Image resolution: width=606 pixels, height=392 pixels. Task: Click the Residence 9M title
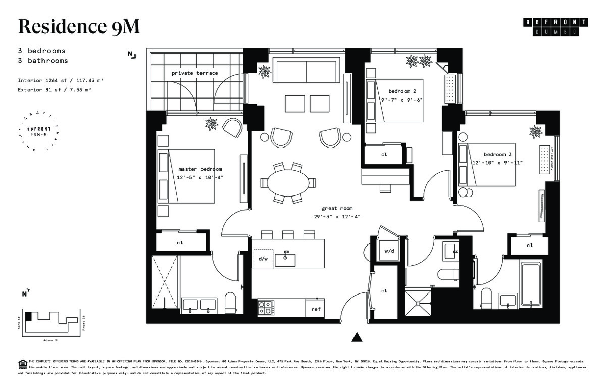78,26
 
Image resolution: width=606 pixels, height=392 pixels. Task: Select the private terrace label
194,73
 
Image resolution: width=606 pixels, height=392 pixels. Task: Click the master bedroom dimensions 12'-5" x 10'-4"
200,178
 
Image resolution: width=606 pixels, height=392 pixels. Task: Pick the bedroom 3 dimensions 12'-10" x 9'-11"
497,163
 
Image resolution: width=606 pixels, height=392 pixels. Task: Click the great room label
337,208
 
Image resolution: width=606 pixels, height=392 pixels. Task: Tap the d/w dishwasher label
263,259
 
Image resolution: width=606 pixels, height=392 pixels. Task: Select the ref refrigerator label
316,309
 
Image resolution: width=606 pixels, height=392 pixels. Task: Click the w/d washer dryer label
389,251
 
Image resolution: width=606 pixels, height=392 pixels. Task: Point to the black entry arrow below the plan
357,337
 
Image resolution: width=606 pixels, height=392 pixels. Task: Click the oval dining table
286,183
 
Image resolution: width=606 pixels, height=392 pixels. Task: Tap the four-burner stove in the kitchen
265,307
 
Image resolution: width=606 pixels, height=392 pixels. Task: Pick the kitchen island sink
285,259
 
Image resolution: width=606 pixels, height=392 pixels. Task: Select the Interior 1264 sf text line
61,80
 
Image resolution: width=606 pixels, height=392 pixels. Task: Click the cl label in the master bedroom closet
180,242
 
